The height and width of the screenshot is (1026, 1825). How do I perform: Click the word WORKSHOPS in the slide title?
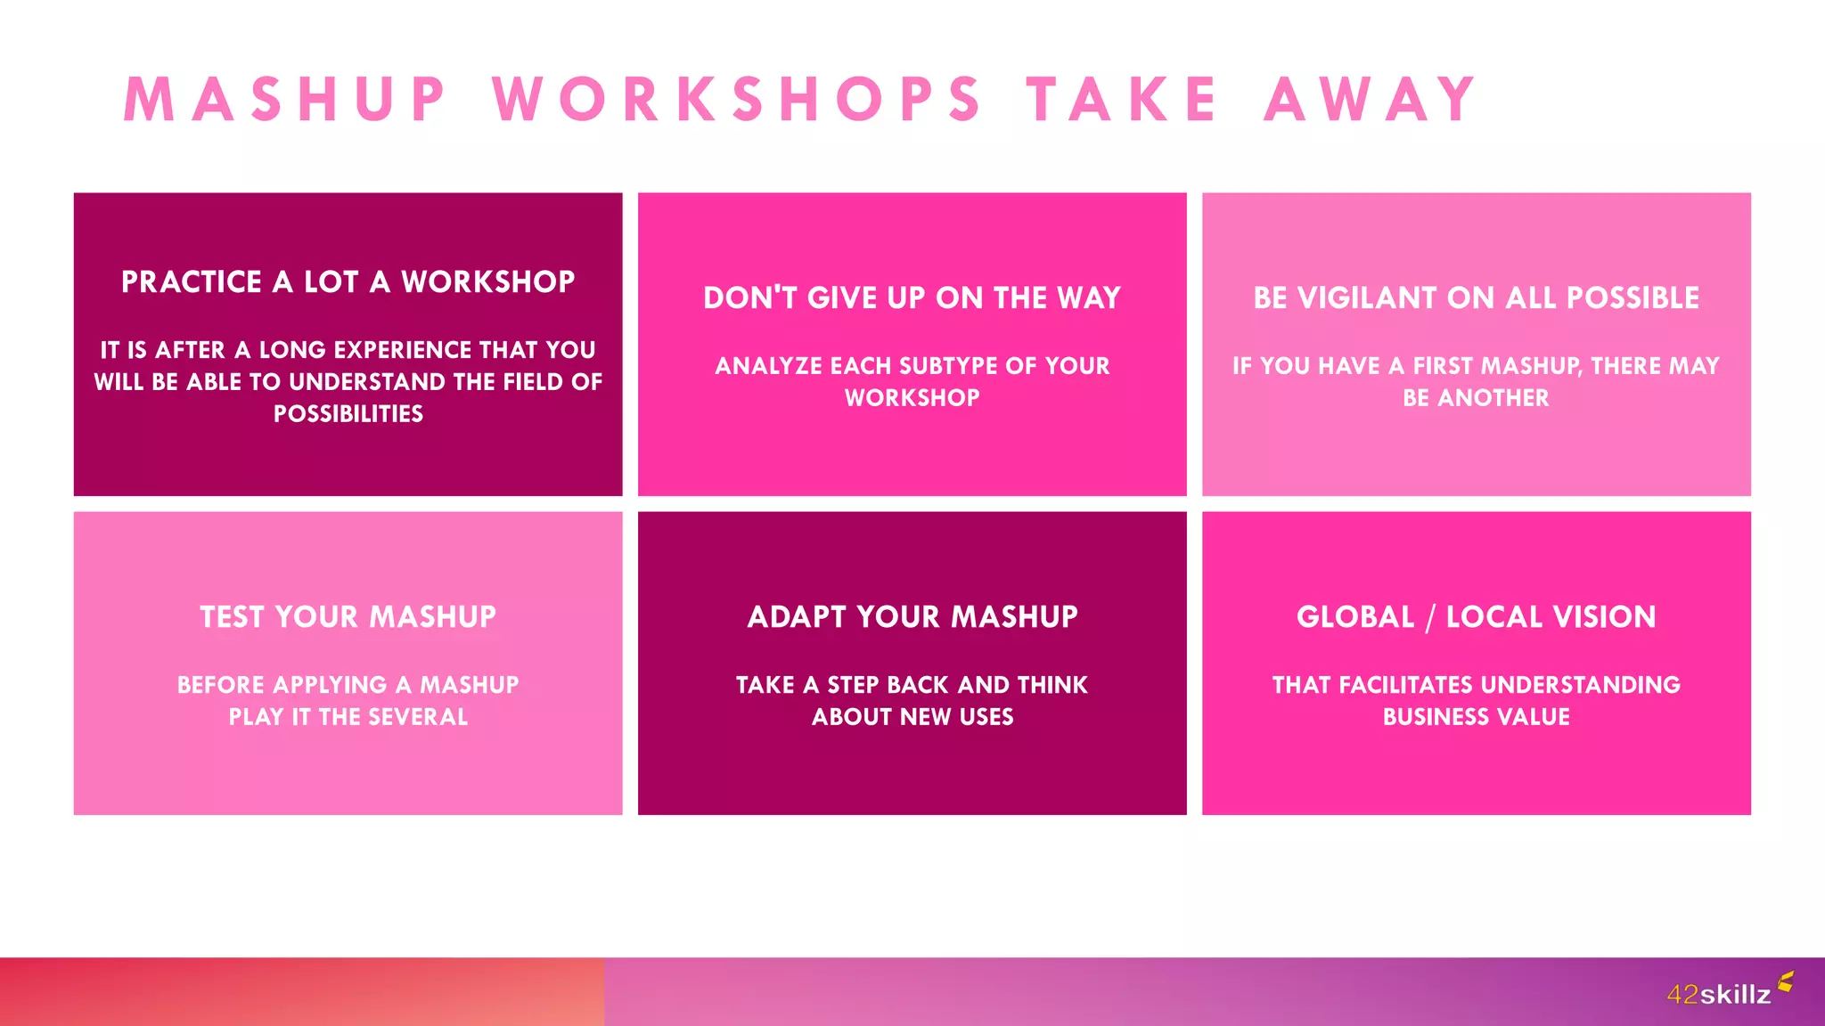(x=738, y=99)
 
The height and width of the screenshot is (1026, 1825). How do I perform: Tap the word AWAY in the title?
(x=1371, y=99)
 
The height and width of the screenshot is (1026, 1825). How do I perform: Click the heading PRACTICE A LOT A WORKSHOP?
(x=348, y=282)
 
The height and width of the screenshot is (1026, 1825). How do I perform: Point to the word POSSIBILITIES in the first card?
(x=348, y=414)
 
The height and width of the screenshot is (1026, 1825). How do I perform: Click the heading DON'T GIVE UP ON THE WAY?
(x=912, y=298)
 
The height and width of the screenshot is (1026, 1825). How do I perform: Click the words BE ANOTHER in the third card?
(x=1476, y=398)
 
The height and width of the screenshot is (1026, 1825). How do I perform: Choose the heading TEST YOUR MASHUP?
(x=348, y=617)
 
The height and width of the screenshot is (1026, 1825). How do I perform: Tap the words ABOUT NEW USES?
(x=912, y=717)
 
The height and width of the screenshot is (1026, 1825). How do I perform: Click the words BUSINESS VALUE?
(x=1476, y=717)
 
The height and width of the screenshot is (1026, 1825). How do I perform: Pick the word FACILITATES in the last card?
(x=1405, y=685)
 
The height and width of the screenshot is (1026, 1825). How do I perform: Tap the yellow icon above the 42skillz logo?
(x=1785, y=981)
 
